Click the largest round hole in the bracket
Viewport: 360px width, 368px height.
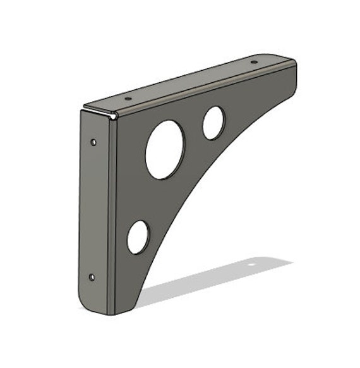pos(165,149)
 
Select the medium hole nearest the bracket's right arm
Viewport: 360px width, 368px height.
pos(213,123)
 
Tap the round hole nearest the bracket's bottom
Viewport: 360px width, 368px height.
pos(138,237)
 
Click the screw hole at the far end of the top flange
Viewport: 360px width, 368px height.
pos(253,62)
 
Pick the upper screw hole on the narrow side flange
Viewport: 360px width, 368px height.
pos(93,142)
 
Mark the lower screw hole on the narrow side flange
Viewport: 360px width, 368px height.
pos(92,276)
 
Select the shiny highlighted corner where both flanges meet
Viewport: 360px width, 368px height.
pos(113,115)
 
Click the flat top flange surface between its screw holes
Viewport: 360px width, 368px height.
pos(189,81)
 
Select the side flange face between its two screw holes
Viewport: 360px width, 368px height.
pos(93,209)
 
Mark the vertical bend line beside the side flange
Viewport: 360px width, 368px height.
pos(108,215)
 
